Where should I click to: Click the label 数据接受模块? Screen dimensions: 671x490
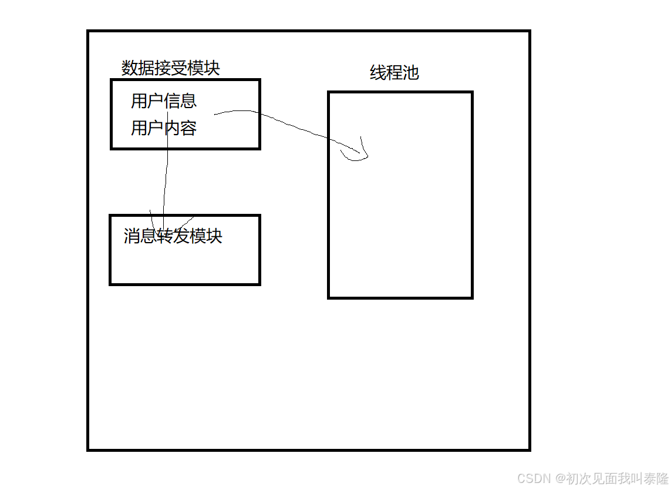[x=170, y=68]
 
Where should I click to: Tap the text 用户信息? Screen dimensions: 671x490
[x=163, y=101]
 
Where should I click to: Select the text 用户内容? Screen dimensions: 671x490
[x=163, y=127]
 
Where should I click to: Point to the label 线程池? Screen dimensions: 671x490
[x=394, y=72]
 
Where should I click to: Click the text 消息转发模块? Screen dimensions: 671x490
[x=173, y=236]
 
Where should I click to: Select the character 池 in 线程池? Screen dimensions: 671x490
[x=411, y=72]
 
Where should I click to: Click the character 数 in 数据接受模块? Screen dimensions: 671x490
[x=129, y=68]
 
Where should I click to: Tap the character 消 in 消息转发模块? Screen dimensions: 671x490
[x=131, y=236]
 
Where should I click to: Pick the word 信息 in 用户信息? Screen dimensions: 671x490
[x=180, y=101]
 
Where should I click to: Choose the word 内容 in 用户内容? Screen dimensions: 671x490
[x=180, y=127]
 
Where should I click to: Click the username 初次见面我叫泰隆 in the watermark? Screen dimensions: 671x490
[x=618, y=478]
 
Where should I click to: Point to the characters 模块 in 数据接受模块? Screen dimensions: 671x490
[x=203, y=68]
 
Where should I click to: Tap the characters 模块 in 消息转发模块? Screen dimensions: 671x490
[x=206, y=236]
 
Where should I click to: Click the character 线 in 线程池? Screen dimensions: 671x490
[x=377, y=72]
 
